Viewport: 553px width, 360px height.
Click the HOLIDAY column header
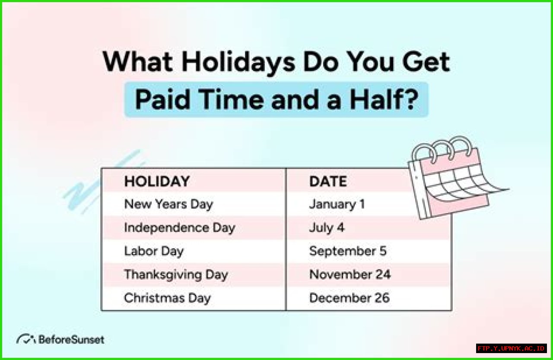click(x=156, y=181)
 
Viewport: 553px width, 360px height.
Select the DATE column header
click(x=327, y=181)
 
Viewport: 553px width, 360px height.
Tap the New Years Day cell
click(x=168, y=204)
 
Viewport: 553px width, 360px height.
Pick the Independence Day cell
click(x=179, y=227)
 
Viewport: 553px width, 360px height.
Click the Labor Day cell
click(x=154, y=251)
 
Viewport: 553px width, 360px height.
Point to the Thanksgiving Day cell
click(x=176, y=274)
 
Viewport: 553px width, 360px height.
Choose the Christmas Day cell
click(x=167, y=297)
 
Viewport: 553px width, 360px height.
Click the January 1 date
click(x=337, y=204)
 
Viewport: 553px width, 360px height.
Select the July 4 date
click(x=327, y=227)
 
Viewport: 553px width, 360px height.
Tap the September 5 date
click(x=348, y=251)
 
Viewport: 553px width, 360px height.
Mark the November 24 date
click(x=350, y=274)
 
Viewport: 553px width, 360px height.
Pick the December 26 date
click(x=350, y=297)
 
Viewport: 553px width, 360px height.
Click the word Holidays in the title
click(x=238, y=62)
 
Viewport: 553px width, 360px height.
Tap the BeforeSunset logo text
click(x=71, y=339)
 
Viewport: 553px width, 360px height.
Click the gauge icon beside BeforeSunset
click(x=26, y=339)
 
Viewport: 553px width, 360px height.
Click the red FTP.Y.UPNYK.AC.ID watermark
click(x=512, y=348)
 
